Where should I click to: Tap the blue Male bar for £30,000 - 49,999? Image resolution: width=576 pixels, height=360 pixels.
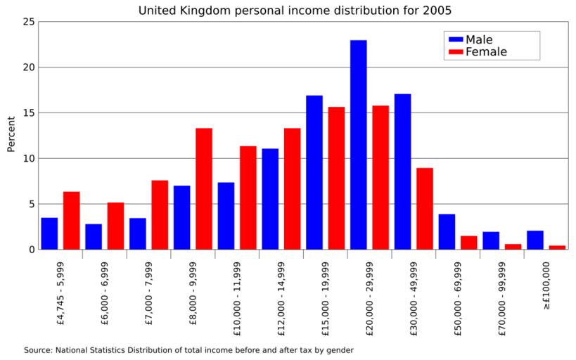click(402, 172)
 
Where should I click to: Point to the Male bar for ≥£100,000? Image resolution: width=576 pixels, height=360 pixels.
click(535, 240)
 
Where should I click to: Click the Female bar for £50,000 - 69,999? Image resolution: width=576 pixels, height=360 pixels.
click(469, 243)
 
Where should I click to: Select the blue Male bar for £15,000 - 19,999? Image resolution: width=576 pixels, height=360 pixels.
click(314, 172)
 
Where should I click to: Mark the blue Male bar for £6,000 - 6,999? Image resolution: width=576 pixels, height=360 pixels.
click(94, 236)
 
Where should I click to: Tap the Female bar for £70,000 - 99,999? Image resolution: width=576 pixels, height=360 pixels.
click(513, 246)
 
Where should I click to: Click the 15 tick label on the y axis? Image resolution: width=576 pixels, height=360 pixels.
click(29, 112)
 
